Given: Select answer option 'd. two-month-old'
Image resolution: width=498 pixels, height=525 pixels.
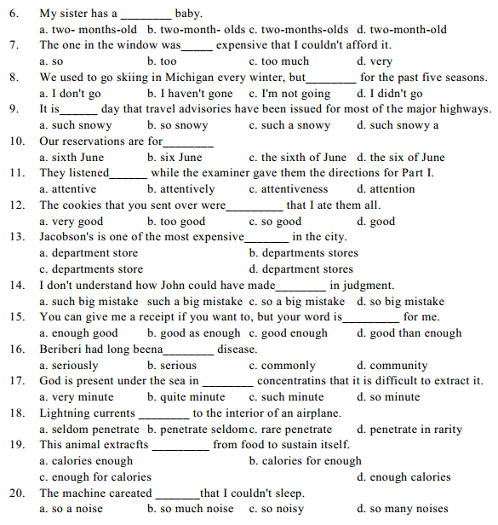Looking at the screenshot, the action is pos(402,29).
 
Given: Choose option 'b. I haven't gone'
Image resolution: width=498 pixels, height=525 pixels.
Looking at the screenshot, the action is pos(190,93).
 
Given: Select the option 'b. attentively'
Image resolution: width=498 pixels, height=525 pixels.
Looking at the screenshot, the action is pos(180,189).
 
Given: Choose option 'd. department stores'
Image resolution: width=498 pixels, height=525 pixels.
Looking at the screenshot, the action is pos(301,268).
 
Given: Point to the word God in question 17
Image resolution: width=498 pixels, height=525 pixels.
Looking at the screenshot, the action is pos(51,381).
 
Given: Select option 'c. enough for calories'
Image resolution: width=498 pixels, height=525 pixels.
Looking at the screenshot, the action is pos(95,476).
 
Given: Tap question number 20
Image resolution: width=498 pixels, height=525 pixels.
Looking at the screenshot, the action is pos(19,493).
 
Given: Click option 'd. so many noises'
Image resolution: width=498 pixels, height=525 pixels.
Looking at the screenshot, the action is pos(403,509).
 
